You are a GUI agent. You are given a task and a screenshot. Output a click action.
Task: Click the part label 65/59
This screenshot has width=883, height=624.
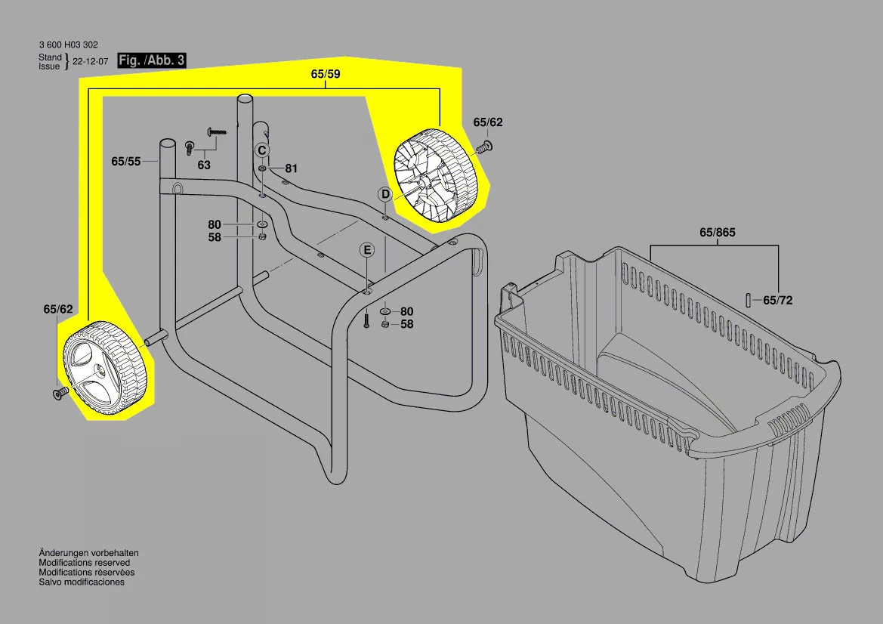click(326, 74)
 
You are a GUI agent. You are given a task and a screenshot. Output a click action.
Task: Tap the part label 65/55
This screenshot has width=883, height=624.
click(125, 162)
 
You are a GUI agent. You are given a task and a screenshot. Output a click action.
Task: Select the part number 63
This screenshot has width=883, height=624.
click(204, 165)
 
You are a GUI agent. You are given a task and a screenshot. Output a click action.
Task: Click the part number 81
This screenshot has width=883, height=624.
click(291, 168)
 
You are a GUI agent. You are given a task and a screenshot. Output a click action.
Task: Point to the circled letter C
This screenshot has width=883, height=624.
click(262, 151)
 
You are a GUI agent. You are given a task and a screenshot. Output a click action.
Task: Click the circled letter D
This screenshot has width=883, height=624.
click(385, 195)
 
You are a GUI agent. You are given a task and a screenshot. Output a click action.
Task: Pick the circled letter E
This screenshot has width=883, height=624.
click(367, 250)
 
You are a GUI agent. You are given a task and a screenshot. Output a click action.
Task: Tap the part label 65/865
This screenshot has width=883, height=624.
click(718, 232)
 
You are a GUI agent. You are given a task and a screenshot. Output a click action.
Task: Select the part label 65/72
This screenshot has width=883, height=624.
click(778, 301)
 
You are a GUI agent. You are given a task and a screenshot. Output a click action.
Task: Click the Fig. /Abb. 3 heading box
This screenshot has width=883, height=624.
click(152, 60)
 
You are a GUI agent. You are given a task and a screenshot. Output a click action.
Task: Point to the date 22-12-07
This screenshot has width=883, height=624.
click(90, 62)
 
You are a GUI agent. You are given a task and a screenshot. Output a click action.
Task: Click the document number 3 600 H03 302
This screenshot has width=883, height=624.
click(68, 45)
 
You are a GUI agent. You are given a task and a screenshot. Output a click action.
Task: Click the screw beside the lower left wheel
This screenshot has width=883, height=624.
click(60, 393)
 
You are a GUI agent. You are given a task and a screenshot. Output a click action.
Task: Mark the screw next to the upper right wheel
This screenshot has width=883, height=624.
click(483, 147)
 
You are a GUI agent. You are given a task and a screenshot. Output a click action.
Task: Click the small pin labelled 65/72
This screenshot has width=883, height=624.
click(749, 300)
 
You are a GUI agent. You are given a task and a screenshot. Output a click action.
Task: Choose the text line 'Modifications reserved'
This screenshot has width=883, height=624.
click(85, 563)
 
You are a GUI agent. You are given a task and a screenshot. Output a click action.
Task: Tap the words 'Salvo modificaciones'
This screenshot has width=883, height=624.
click(82, 582)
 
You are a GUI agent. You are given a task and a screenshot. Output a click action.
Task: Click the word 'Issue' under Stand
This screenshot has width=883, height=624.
click(49, 66)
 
